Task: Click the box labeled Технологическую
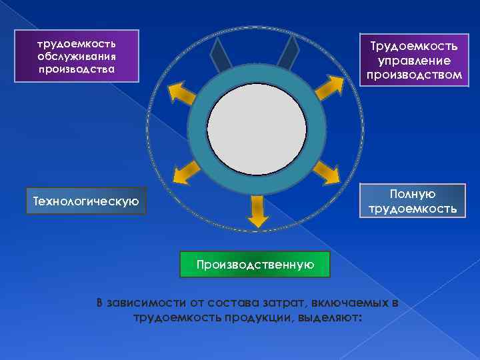(x=85, y=201)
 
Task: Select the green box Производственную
(x=255, y=265)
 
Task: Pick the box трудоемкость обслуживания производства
(x=76, y=56)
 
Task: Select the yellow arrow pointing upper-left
(x=182, y=93)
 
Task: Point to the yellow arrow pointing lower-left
(x=185, y=175)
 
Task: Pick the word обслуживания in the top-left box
(x=76, y=56)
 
